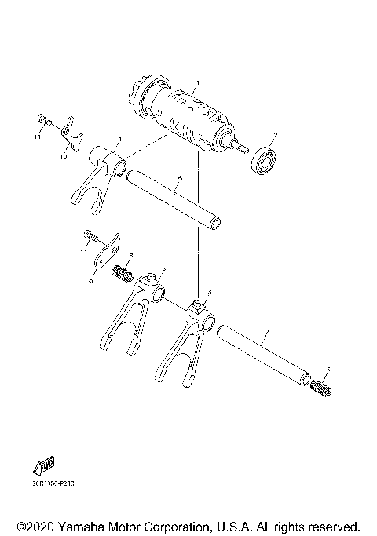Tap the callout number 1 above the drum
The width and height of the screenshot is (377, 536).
tap(198, 82)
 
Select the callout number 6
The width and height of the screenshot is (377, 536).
tap(179, 180)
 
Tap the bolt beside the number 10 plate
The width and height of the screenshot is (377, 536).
tap(44, 121)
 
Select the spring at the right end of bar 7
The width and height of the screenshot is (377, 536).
tap(323, 385)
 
